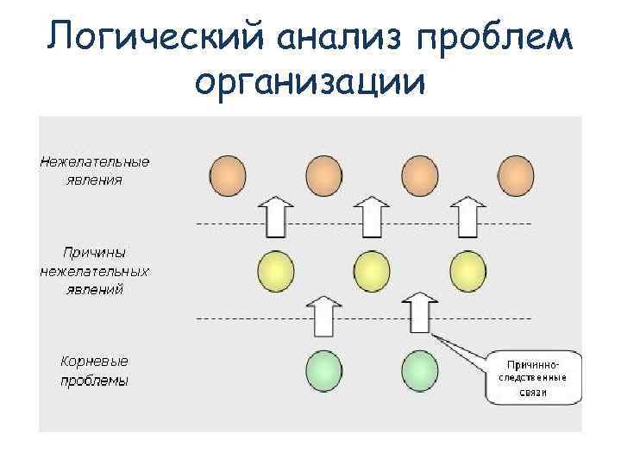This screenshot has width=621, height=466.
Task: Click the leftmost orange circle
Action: (228, 176)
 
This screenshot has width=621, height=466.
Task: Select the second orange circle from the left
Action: (323, 176)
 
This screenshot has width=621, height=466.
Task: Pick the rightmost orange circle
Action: (515, 176)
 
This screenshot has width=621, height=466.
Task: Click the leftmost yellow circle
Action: (276, 273)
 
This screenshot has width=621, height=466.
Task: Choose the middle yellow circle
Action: (372, 273)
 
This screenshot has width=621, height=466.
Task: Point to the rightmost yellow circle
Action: (467, 273)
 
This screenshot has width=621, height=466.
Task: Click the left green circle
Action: (324, 371)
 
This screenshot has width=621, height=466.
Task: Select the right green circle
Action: (420, 371)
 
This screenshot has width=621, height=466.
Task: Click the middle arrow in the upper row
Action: (372, 217)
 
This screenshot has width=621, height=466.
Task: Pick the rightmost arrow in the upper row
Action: (467, 217)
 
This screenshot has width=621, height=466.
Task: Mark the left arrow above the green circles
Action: (324, 315)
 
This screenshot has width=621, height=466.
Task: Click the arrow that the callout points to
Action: (420, 313)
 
